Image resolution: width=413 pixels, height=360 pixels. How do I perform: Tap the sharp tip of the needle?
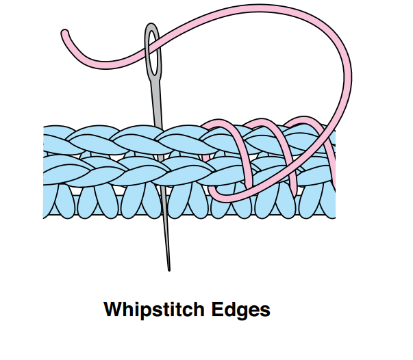169,270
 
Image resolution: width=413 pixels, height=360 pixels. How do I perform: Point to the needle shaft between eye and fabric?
157,103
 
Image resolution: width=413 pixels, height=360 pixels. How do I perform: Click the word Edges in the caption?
240,310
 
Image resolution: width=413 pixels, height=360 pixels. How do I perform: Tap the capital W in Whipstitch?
112,309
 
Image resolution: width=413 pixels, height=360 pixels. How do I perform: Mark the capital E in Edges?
216,309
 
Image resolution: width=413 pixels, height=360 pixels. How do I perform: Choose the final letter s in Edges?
265,311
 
